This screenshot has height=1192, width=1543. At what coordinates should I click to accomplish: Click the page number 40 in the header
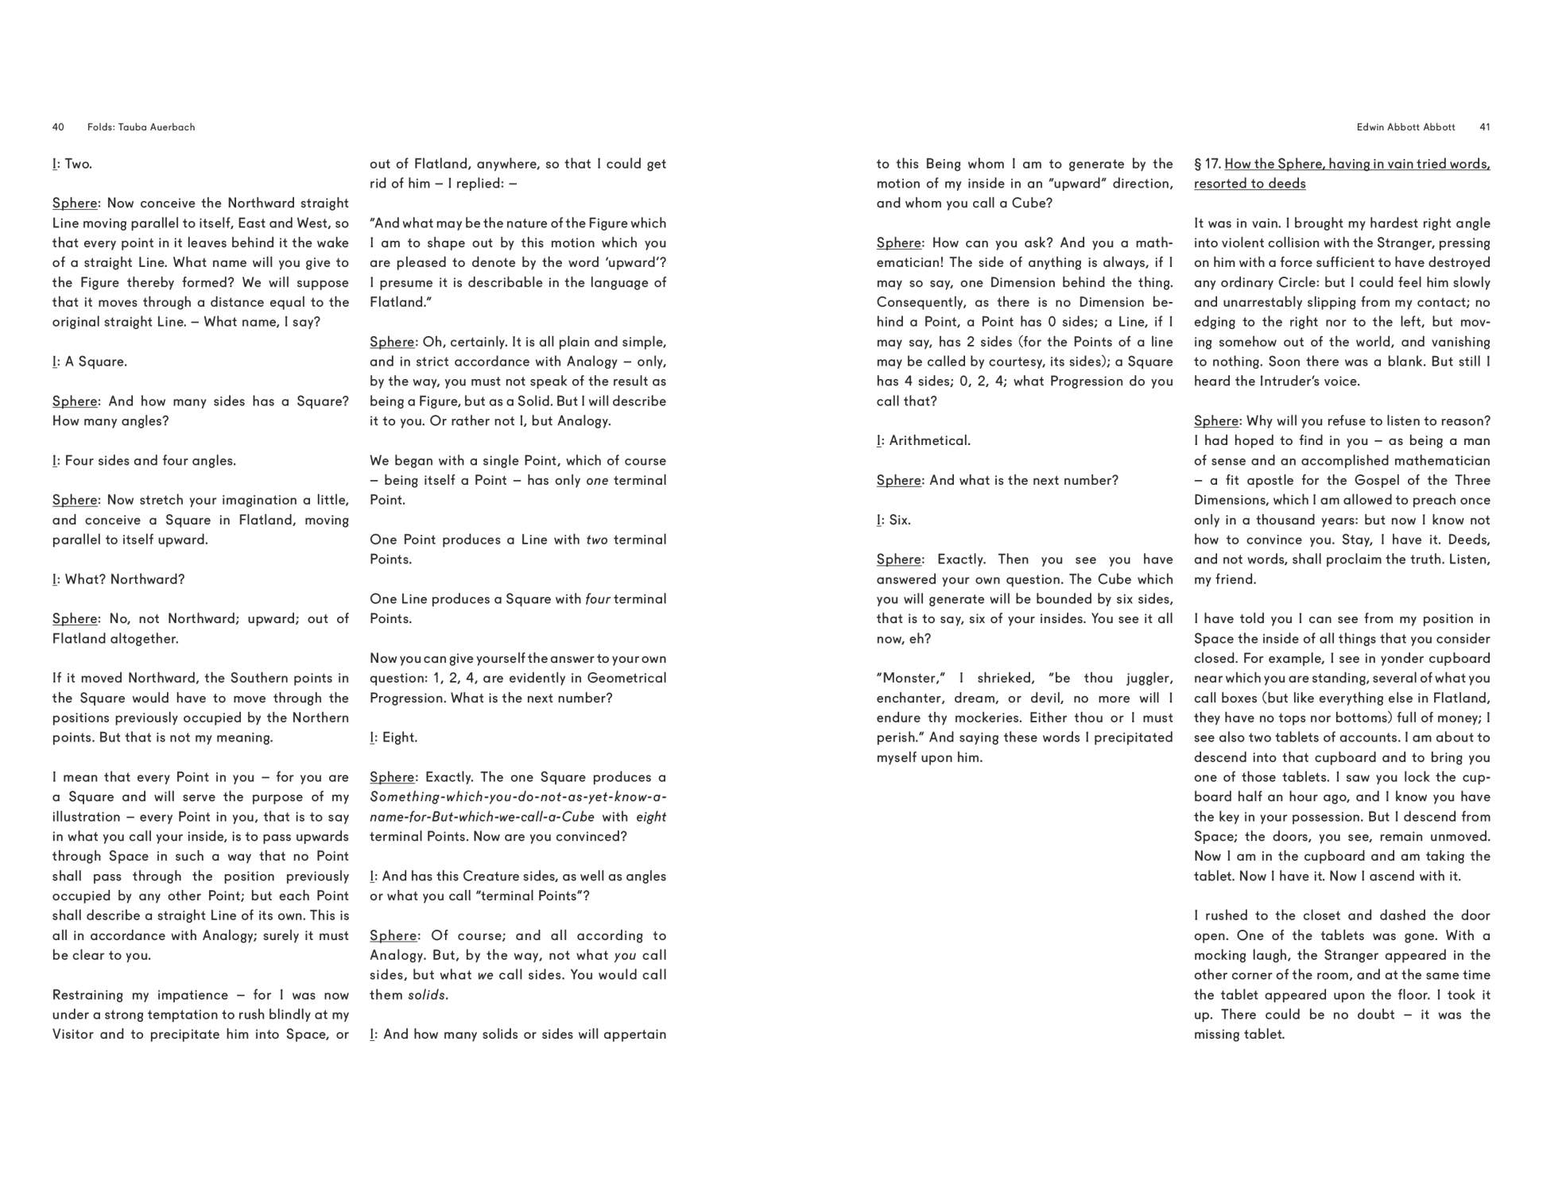58,127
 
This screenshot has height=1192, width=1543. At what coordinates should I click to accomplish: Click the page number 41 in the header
1485,127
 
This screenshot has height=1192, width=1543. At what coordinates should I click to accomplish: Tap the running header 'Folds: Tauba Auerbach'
141,127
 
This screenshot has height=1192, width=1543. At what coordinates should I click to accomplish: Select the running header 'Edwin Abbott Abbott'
1405,127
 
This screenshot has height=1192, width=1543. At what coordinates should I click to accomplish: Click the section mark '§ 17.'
1207,164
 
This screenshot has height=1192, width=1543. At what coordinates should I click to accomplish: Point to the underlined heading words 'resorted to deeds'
1250,184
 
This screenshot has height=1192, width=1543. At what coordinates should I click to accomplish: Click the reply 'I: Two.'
72,164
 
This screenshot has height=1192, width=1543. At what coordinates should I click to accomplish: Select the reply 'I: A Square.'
90,362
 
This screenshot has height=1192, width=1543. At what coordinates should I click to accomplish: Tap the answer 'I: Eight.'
394,737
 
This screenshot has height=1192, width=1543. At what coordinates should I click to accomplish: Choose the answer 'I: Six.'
894,520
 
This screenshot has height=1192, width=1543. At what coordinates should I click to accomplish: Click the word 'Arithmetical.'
929,440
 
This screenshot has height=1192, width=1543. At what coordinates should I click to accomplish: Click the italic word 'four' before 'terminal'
597,599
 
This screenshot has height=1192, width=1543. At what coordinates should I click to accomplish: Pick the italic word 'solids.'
428,995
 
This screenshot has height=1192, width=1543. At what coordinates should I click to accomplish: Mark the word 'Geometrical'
626,678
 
